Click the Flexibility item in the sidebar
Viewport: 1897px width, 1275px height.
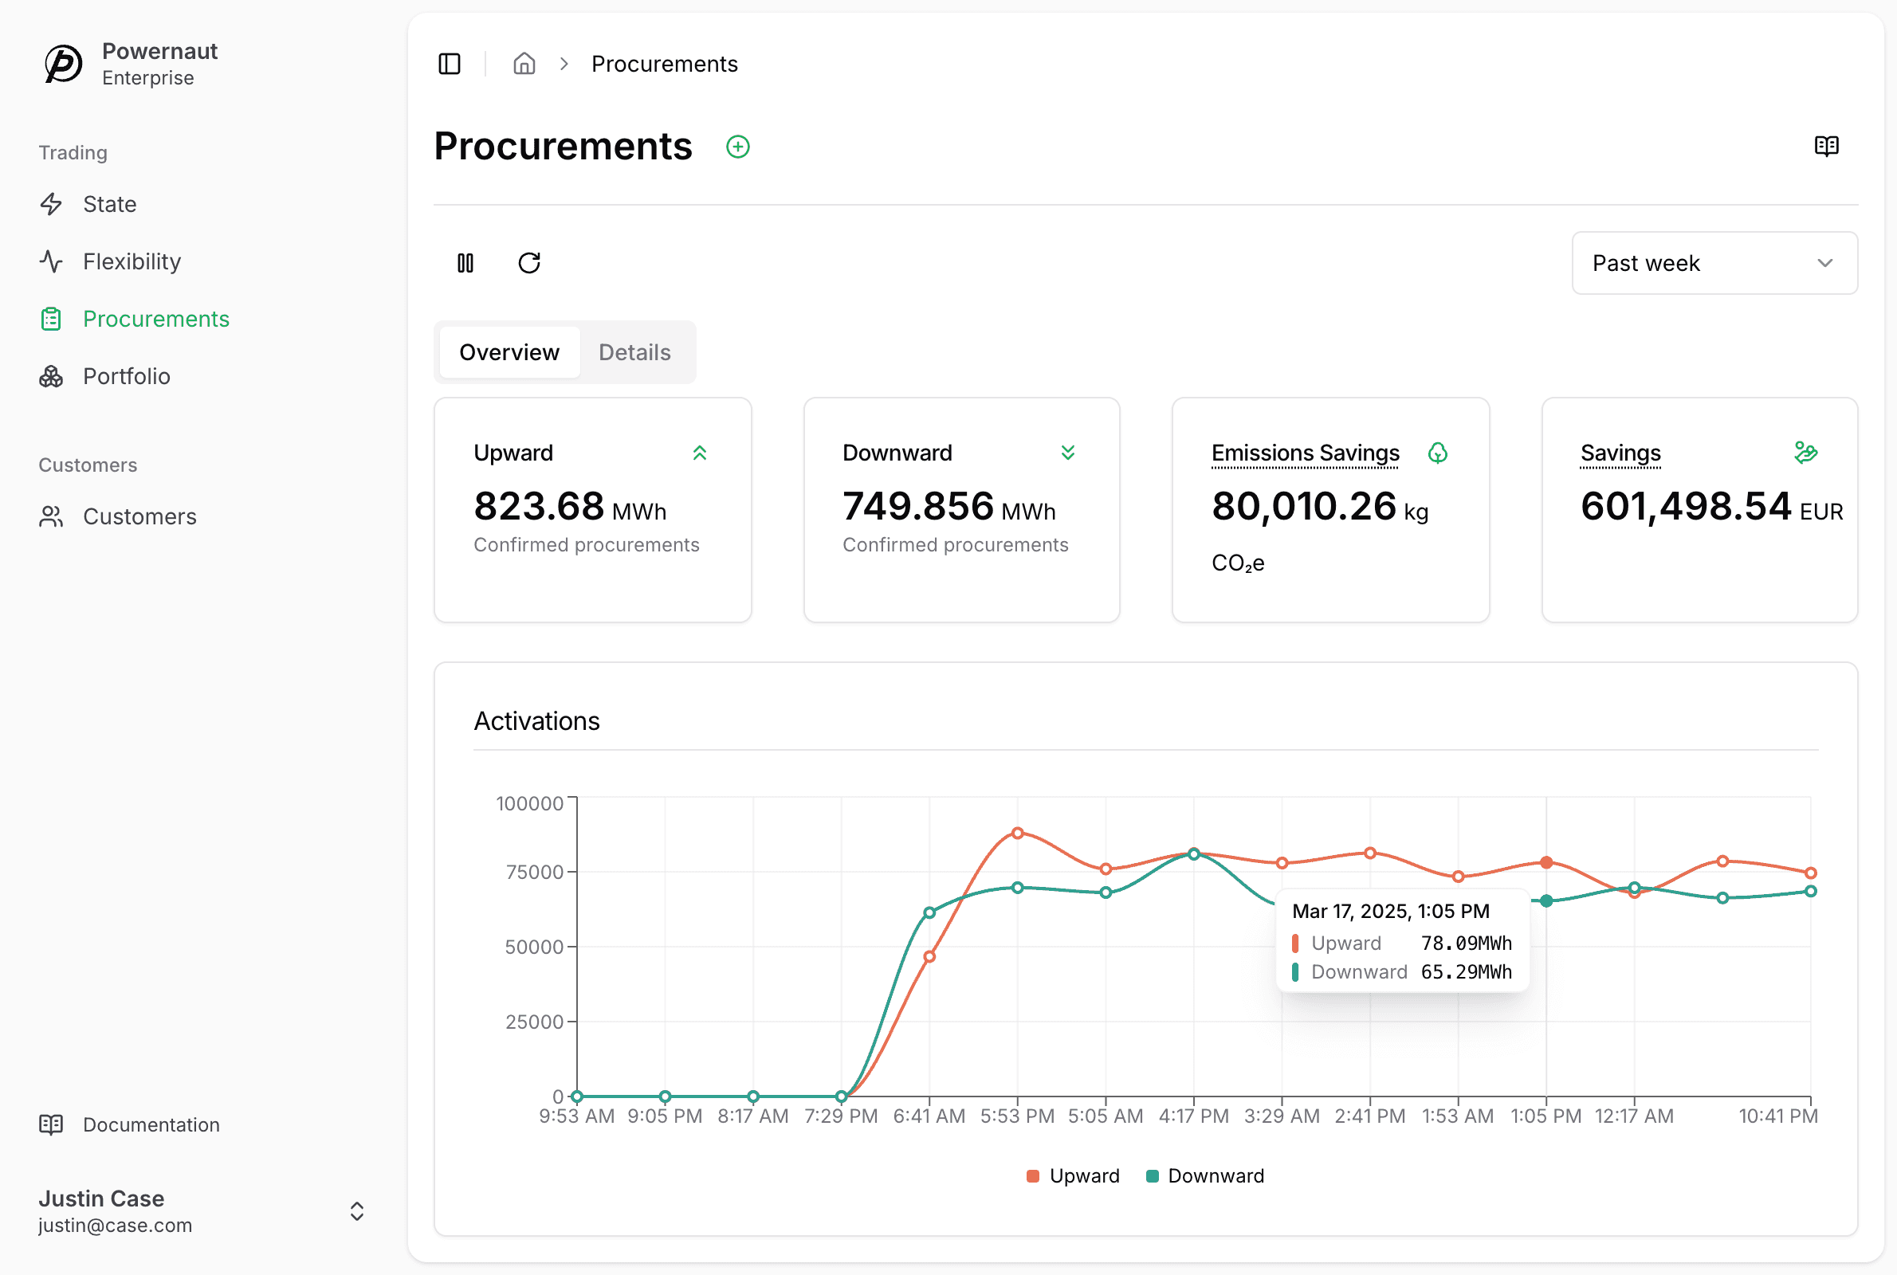click(111, 261)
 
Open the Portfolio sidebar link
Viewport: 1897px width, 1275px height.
click(105, 375)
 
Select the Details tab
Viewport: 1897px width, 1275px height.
click(634, 352)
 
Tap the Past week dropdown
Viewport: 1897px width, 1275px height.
click(1714, 263)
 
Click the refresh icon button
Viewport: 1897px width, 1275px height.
click(529, 263)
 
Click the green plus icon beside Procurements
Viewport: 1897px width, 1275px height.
click(737, 147)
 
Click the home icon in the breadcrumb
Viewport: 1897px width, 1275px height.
click(524, 64)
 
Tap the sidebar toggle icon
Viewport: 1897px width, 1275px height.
click(450, 64)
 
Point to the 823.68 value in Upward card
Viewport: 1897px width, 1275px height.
click(538, 506)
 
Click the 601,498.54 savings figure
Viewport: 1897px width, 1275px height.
click(1686, 506)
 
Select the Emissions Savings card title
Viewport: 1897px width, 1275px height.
click(1305, 453)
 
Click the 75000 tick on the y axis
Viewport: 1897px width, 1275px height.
click(534, 872)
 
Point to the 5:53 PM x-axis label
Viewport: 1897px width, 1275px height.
click(1017, 1116)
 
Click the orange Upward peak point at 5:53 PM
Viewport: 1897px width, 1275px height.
click(1017, 833)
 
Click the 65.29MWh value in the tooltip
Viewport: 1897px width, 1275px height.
click(1466, 971)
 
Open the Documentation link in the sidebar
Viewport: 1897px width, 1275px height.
click(129, 1124)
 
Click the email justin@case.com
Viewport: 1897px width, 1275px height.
click(116, 1225)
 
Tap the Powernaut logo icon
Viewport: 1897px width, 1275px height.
click(64, 64)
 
